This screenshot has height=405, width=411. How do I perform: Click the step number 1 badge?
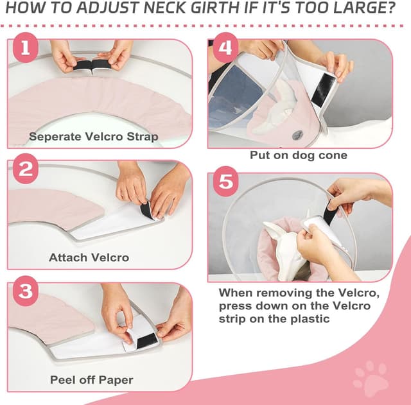pyautogui.click(x=25, y=51)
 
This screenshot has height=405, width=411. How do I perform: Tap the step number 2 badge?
pyautogui.click(x=25, y=171)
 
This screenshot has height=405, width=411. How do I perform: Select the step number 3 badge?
pyautogui.click(x=26, y=293)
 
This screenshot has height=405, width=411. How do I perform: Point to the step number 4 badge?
pyautogui.click(x=224, y=51)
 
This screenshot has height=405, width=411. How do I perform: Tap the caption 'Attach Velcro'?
pyautogui.click(x=89, y=257)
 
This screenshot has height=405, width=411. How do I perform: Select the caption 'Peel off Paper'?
pyautogui.click(x=91, y=379)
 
